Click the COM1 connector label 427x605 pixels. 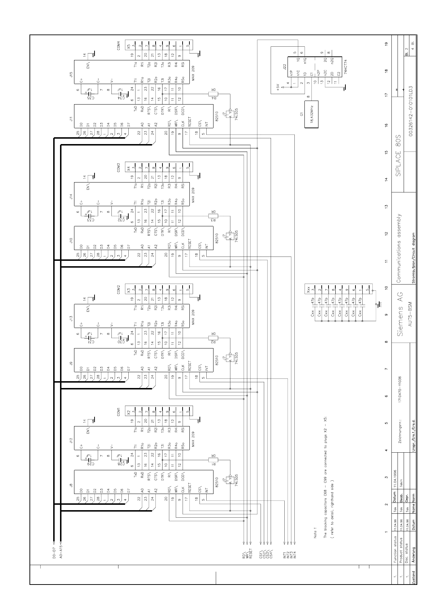118,412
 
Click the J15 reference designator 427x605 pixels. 71,75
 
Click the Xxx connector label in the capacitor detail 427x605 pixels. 308,290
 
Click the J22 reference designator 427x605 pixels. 284,67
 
